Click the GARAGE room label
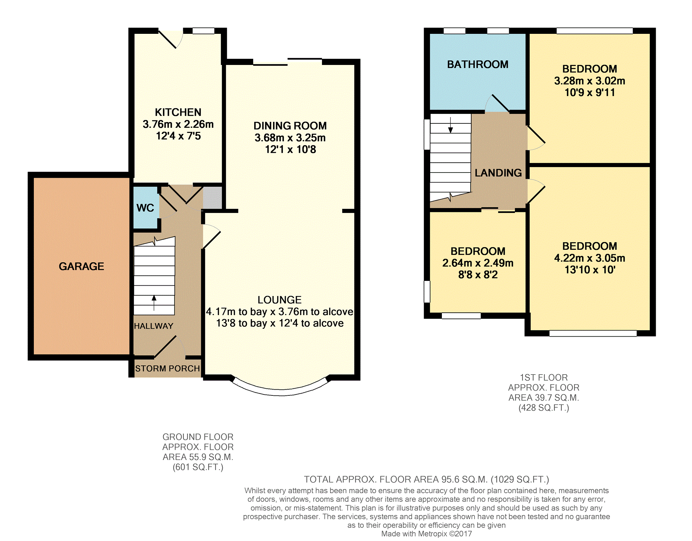tap(81, 266)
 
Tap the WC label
tap(145, 208)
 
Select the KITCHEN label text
tap(178, 112)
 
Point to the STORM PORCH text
tap(167, 368)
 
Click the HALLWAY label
tap(153, 326)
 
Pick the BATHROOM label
tap(478, 64)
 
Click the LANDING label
tap(498, 173)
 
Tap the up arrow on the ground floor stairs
tap(154, 303)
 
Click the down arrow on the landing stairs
tap(450, 125)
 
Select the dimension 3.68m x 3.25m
tap(290, 138)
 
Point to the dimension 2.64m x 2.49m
tap(478, 263)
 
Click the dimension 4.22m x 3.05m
tap(590, 258)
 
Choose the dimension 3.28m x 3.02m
tap(590, 81)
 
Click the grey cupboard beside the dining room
tap(213, 198)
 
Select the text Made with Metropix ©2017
tap(426, 534)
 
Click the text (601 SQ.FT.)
tap(198, 467)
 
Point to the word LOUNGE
tap(280, 300)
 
